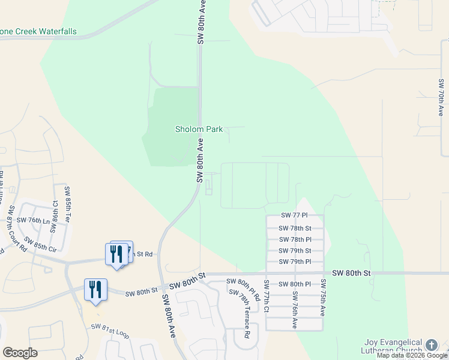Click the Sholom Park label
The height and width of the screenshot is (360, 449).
tap(199, 129)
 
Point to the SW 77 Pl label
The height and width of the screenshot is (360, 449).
tap(294, 215)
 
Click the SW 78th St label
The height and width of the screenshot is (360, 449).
tap(295, 228)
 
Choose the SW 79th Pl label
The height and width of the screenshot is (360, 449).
tap(295, 262)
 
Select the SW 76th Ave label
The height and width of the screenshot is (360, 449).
tap(295, 310)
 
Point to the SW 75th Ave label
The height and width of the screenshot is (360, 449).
tap(323, 298)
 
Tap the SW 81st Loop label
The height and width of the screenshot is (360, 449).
tap(110, 331)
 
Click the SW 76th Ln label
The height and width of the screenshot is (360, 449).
tap(33, 220)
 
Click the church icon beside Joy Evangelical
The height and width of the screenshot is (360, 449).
tap(431, 344)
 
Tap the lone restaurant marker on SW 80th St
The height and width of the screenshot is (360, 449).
tap(95, 289)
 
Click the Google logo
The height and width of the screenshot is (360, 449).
tap(20, 353)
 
